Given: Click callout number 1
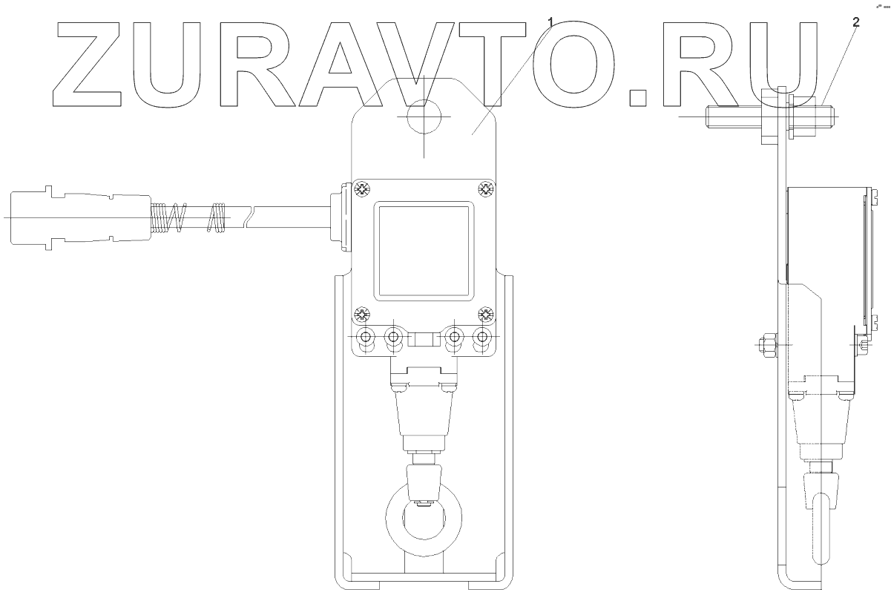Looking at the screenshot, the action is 550,20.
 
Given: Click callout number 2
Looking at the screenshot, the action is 855,22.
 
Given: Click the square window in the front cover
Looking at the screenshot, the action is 423,250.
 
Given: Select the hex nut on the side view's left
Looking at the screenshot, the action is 764,344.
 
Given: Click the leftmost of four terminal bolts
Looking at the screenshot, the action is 365,338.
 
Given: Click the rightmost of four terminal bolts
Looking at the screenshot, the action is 483,338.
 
